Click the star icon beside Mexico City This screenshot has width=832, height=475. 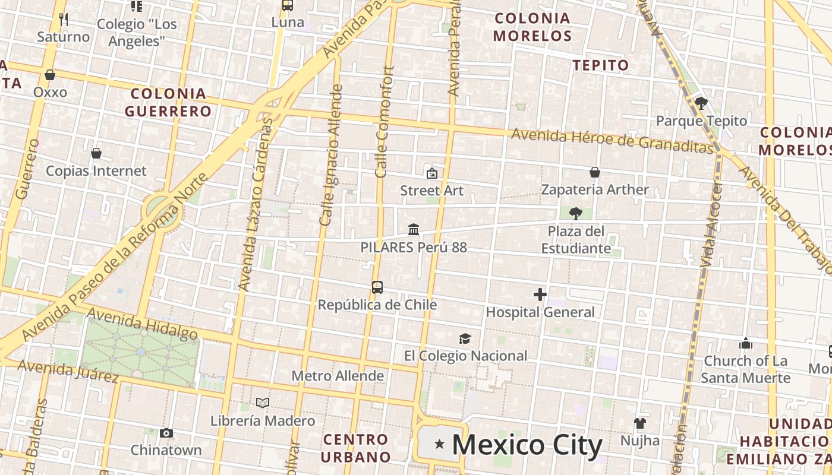coord(439,444)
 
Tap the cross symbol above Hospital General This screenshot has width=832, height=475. coord(540,294)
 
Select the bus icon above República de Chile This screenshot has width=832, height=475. coord(377,287)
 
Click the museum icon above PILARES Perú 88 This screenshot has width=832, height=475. coord(414,229)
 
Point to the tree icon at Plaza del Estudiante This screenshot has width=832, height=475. coord(575,214)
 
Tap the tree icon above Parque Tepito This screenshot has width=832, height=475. coord(701,103)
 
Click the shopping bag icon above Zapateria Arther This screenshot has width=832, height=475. coord(595,172)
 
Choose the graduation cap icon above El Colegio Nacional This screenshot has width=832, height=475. coord(465,338)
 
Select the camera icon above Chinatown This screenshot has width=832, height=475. coord(166,433)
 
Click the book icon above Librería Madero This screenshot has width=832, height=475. coord(263,403)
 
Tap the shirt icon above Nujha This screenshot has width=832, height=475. coord(639,423)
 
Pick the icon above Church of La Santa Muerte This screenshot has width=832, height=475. coord(746,343)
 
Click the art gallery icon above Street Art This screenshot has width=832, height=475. coord(432,173)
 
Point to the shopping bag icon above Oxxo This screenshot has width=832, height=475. coord(50,75)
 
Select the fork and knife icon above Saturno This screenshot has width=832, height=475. coord(64,20)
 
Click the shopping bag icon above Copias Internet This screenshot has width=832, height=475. coord(96,153)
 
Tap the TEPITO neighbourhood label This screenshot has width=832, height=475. coord(601,65)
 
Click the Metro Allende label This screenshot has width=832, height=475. coord(338,376)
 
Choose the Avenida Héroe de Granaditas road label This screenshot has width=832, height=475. coord(612,140)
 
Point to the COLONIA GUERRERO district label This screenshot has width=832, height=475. coord(169,102)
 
